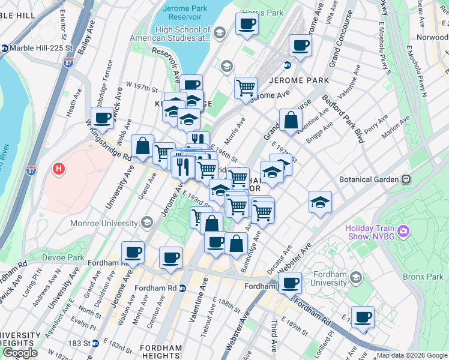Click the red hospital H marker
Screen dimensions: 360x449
pos(59,170)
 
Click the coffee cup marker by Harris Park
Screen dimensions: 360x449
pos(247,25)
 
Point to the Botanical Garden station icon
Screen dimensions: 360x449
pos(406,179)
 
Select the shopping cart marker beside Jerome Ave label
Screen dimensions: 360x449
pos(246,88)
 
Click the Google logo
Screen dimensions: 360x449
pos(20,352)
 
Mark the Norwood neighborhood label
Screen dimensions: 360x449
pos(432,37)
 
